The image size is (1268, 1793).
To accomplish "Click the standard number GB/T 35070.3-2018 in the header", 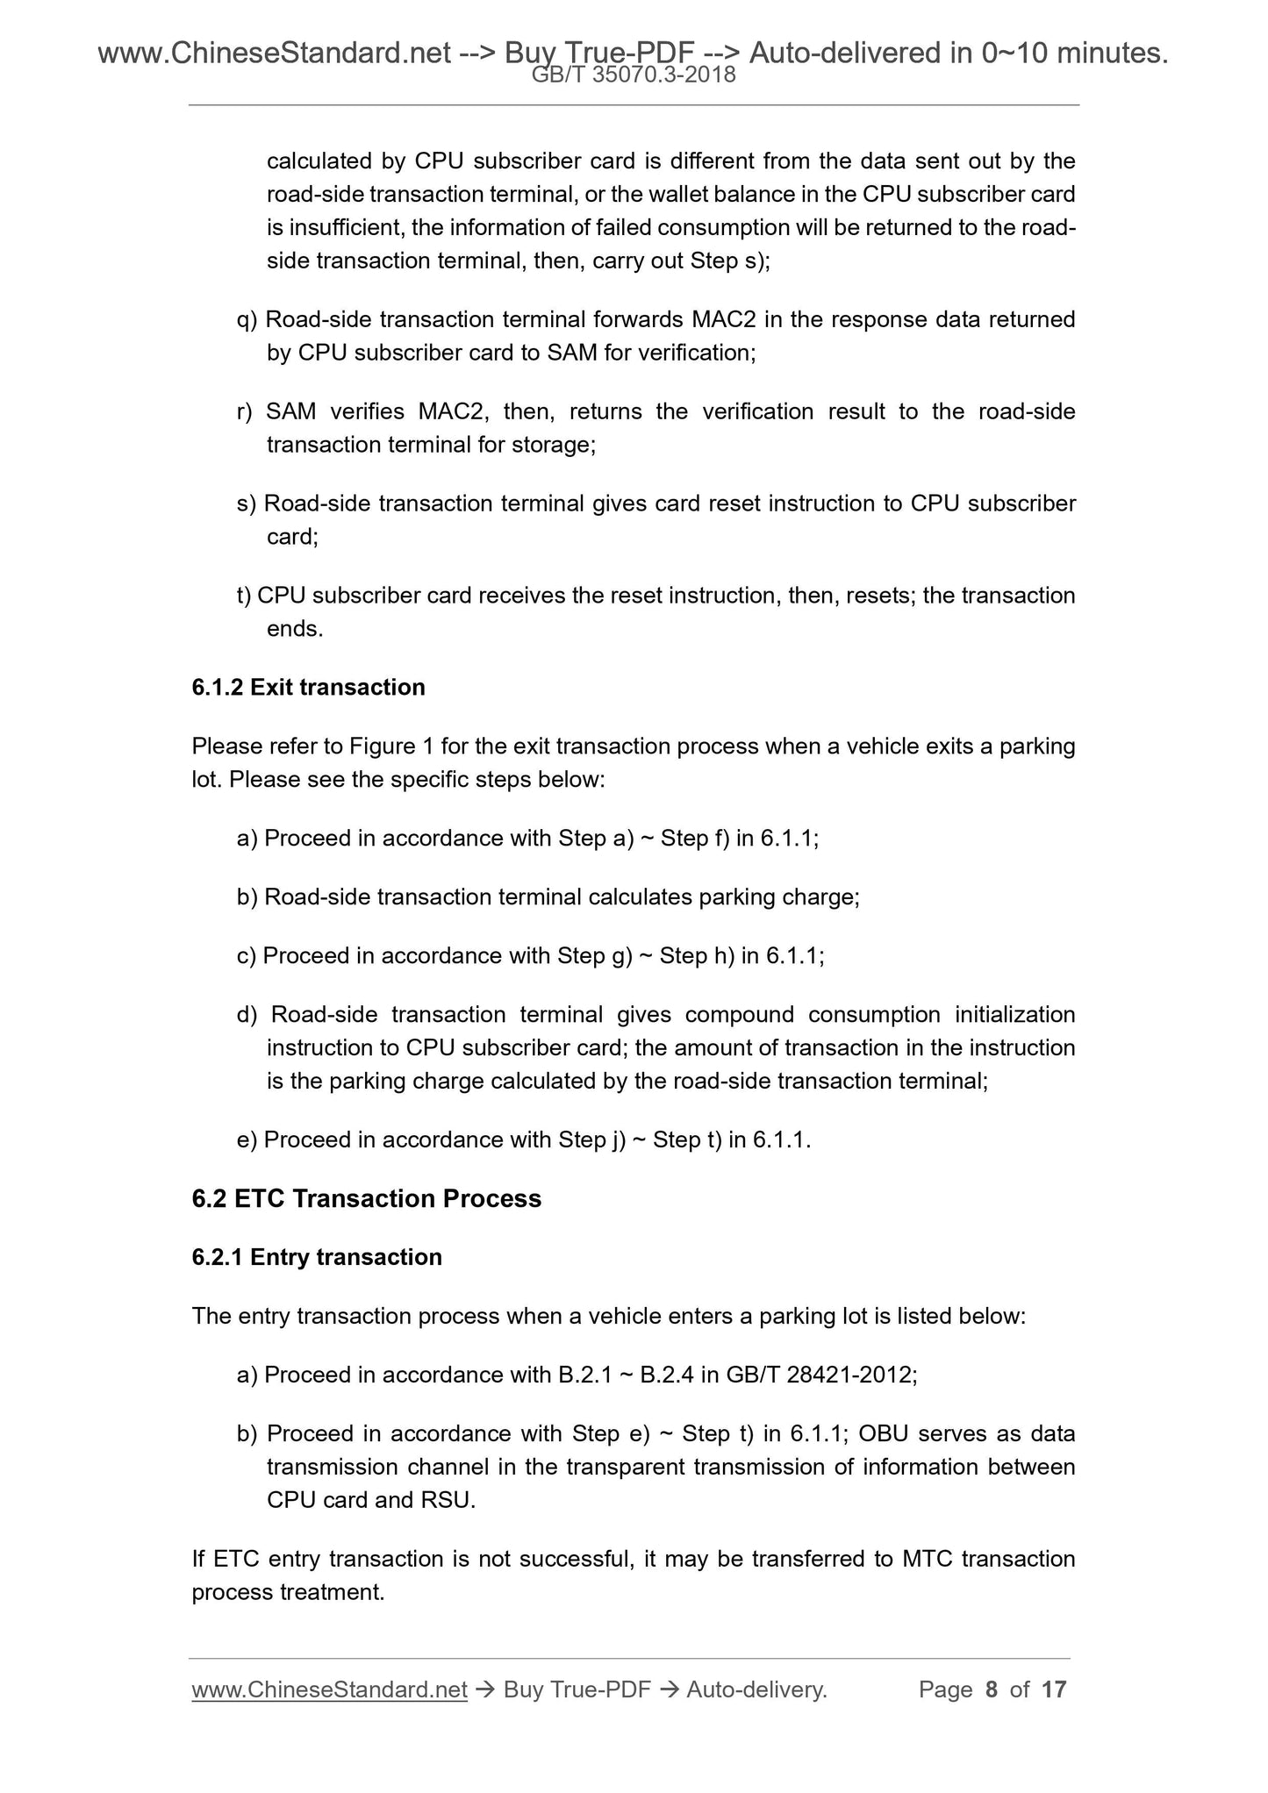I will [634, 76].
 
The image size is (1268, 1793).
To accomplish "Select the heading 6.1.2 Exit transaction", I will [308, 687].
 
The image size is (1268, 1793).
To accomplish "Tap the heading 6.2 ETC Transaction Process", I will [366, 1198].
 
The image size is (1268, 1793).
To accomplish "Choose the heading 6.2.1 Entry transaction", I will [317, 1257].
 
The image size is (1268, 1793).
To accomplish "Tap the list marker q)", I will [247, 319].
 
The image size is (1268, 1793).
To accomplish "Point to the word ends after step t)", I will [294, 629].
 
